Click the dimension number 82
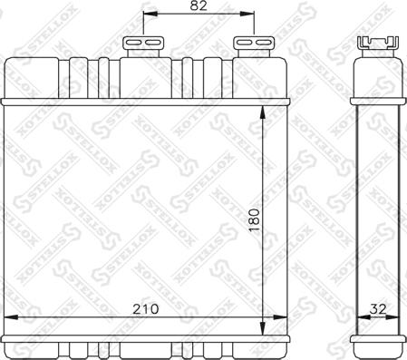point(199,5)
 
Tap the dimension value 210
point(146,309)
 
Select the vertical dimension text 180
point(255,220)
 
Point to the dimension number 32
point(378,309)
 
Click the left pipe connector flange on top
point(143,43)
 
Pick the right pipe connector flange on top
point(254,43)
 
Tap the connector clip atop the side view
point(378,42)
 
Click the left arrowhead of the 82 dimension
point(150,14)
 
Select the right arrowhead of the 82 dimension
point(247,14)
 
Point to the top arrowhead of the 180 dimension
point(263,112)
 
